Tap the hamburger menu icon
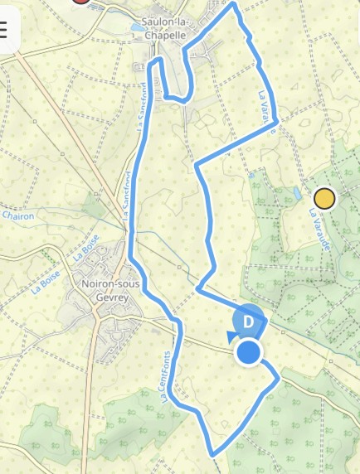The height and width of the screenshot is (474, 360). (3, 31)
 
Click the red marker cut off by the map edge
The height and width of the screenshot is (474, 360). (80, 2)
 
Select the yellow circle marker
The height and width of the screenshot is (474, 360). (324, 199)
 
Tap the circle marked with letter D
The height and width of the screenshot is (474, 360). (247, 321)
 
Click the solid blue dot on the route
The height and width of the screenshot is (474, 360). (249, 353)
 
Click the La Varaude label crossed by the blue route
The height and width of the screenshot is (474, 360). (267, 112)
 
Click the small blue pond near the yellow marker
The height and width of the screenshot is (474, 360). (296, 194)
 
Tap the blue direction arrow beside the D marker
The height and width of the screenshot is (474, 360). (231, 335)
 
